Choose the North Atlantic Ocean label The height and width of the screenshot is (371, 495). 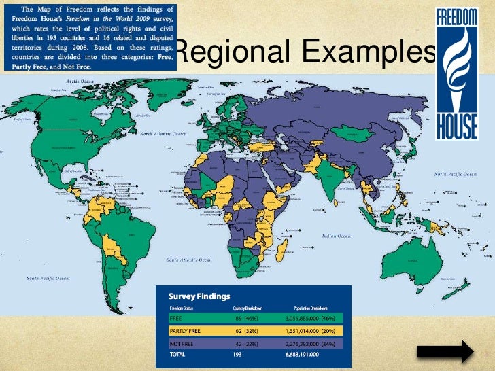(163, 134)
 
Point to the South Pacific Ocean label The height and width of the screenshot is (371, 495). (47, 278)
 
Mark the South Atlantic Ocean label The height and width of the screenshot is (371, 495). (190, 260)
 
